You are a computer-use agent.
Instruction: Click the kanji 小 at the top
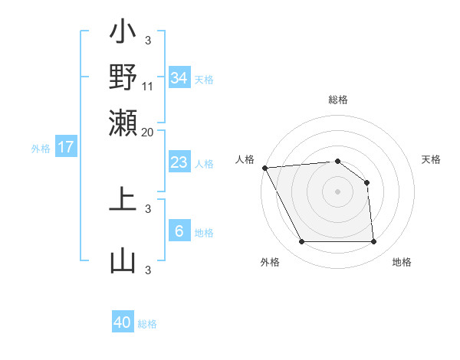click(x=123, y=34)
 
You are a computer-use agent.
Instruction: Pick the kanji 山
click(x=123, y=260)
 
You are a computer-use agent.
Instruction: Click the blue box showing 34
click(x=179, y=77)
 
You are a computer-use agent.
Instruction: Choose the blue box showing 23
click(x=179, y=162)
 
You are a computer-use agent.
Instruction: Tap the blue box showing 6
click(x=179, y=231)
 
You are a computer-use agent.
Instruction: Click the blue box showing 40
click(x=123, y=322)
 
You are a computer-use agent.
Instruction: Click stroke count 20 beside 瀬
click(x=148, y=131)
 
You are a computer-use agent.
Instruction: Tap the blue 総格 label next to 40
click(x=147, y=324)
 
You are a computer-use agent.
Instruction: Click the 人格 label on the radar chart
click(x=245, y=159)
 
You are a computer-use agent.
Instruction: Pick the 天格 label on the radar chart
click(x=432, y=159)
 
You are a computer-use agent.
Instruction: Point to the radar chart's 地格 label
click(x=402, y=262)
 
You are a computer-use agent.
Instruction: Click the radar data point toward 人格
click(x=264, y=167)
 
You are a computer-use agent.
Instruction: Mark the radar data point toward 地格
click(x=373, y=242)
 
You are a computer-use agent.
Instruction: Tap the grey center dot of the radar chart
click(x=338, y=191)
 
